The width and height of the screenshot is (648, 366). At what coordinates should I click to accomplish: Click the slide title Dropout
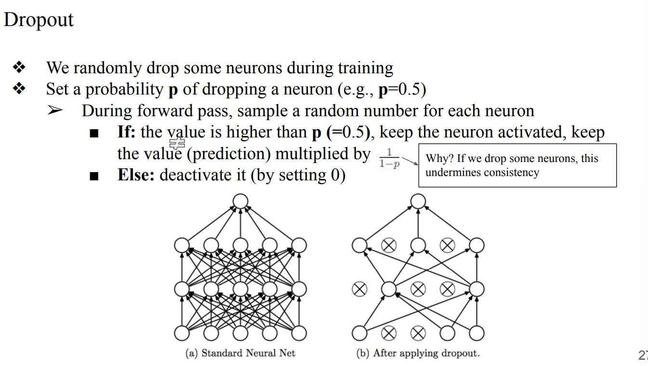click(39, 20)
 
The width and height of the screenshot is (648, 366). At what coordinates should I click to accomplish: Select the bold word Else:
click(136, 174)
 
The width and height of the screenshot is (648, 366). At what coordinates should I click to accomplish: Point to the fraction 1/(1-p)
click(389, 158)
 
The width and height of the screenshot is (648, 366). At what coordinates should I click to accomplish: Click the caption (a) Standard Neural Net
click(240, 353)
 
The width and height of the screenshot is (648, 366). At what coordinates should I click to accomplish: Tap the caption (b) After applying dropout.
click(418, 353)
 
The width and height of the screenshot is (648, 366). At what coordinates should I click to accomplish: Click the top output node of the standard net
click(240, 201)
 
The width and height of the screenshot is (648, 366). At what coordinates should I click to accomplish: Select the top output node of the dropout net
click(418, 201)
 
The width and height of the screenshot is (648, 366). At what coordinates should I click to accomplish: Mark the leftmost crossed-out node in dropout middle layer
click(359, 289)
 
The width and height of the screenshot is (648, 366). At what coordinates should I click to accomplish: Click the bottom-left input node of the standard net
click(182, 333)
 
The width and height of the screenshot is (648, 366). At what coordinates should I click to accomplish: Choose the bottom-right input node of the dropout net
click(477, 333)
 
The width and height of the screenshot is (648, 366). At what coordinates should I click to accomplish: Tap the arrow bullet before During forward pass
click(55, 110)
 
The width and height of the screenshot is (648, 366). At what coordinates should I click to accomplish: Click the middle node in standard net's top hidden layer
click(240, 245)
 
